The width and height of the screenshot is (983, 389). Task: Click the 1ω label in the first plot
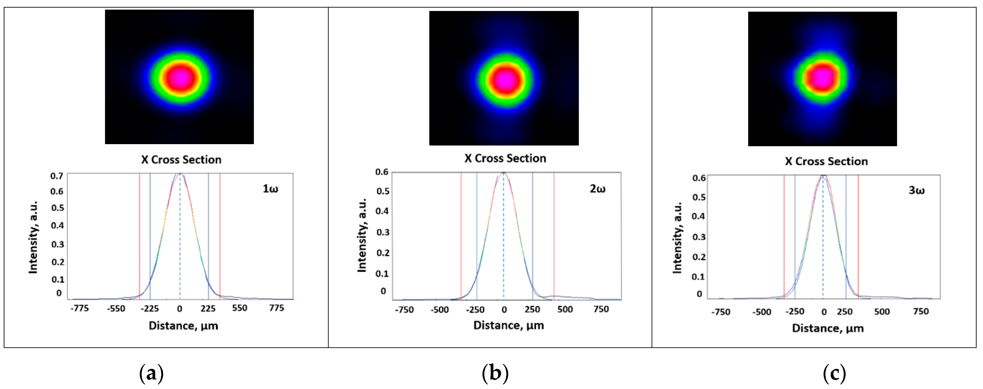270,189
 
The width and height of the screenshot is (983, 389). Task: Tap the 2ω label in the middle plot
597,189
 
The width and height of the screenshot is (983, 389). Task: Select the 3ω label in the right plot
916,190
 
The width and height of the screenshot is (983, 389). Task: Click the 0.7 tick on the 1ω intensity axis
57,176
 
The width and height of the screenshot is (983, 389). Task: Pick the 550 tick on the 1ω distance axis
240,308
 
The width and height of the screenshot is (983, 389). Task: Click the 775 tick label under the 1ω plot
276,308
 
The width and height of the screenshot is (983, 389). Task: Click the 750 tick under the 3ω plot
920,312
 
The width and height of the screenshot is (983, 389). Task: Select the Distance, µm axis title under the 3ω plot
828,328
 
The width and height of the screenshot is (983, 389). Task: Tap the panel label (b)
495,373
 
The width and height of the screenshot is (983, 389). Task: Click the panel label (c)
834,373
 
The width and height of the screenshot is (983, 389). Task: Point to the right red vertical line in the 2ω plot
554,236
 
